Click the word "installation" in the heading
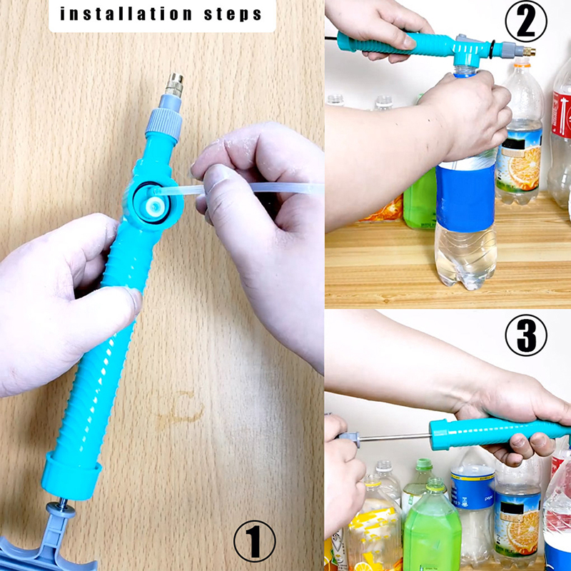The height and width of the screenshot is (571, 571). pyautogui.click(x=126, y=14)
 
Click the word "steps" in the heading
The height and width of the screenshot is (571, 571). pyautogui.click(x=233, y=15)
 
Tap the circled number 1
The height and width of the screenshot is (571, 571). pyautogui.click(x=255, y=540)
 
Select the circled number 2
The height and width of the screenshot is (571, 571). pyautogui.click(x=526, y=21)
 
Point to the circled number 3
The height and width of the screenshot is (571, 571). pyautogui.click(x=526, y=335)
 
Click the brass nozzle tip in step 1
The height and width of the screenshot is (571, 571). pyautogui.click(x=173, y=85)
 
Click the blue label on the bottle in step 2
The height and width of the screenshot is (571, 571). pyautogui.click(x=466, y=197)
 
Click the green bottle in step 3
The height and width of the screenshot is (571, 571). pyautogui.click(x=433, y=530)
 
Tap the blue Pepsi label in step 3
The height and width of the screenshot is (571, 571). pyautogui.click(x=473, y=489)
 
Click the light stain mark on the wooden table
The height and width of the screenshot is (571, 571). pyautogui.click(x=181, y=408)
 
